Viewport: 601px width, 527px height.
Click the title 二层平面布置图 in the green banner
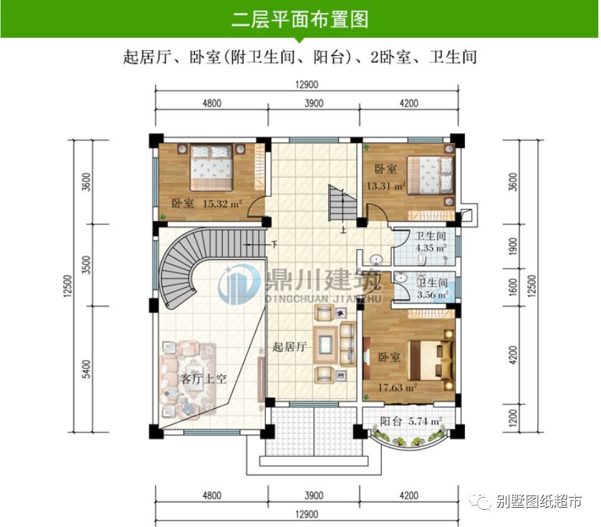click(300, 19)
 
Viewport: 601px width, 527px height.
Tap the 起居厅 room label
click(289, 347)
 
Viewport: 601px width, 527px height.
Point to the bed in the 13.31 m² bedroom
click(431, 175)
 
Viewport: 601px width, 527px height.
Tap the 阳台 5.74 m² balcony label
click(410, 422)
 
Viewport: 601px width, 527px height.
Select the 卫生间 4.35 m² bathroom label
click(431, 242)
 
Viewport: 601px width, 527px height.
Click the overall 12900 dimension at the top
click(306, 84)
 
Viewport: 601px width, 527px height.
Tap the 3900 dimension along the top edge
click(314, 103)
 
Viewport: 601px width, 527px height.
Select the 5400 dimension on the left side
click(87, 369)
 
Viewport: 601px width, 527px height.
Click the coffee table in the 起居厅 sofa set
click(326, 343)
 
